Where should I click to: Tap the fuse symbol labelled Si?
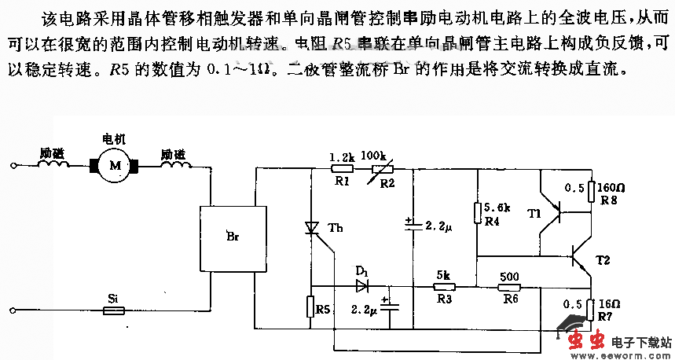(113, 311)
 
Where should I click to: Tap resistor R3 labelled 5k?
(444, 287)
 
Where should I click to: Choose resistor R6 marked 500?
(511, 287)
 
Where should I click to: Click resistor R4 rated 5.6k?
(477, 213)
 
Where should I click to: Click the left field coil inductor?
(52, 165)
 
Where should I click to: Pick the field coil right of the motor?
(174, 165)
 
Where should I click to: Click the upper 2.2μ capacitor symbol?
(412, 225)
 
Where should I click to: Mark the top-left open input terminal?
(13, 166)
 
